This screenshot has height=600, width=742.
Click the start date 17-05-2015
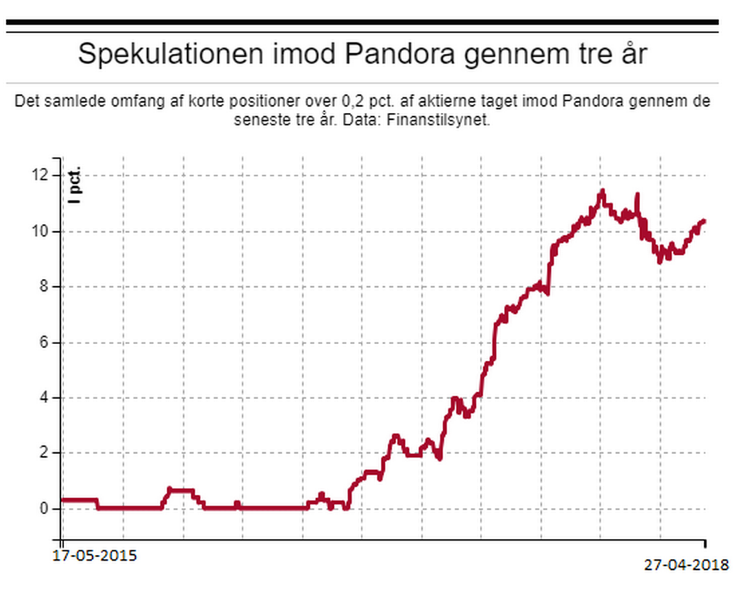point(94,555)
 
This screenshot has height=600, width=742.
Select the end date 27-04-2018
point(686,564)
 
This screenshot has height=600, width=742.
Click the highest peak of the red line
point(602,190)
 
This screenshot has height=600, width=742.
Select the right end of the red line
point(703,221)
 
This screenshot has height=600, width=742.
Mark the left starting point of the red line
point(63,499)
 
